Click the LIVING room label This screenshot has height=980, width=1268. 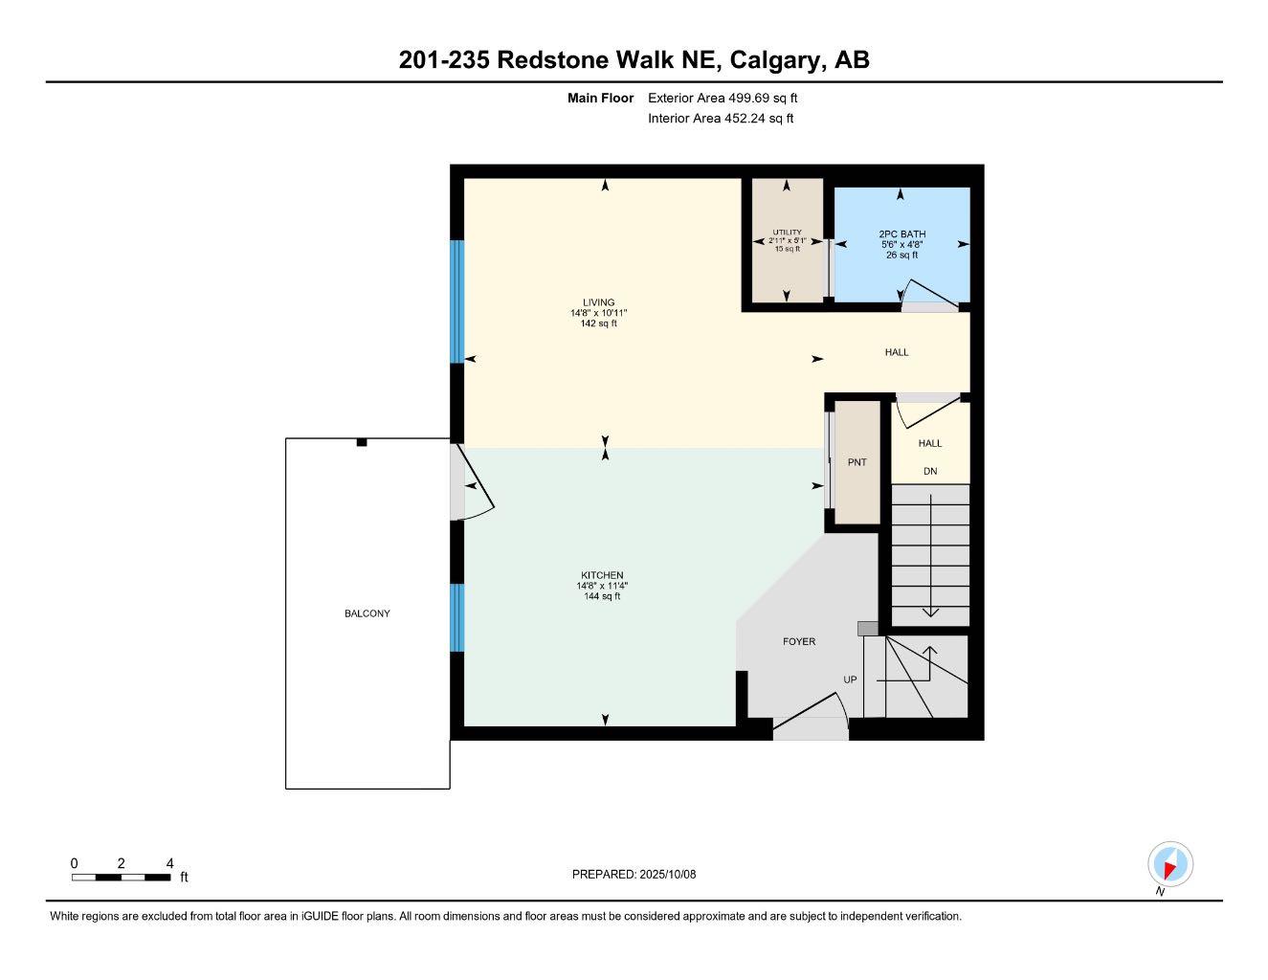(598, 302)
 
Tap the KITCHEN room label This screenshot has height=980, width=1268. (602, 575)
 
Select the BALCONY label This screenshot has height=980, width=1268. (367, 613)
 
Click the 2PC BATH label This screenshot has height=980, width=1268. (901, 234)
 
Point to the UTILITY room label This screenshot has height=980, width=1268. (787, 233)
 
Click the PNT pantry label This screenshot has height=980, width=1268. (856, 462)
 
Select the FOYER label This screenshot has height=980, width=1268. (799, 641)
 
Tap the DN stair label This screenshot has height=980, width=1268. (930, 471)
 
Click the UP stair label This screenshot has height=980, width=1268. (850, 679)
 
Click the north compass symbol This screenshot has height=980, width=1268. (1169, 865)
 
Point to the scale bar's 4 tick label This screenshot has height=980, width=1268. (169, 863)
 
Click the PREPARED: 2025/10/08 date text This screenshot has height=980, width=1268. (634, 874)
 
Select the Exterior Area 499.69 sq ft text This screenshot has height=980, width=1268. (723, 98)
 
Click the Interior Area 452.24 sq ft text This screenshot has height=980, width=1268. (721, 119)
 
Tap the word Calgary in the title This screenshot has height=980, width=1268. (776, 59)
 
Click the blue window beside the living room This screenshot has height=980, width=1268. (456, 301)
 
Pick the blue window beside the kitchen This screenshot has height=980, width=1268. (456, 617)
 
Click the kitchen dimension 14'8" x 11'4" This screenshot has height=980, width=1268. (602, 586)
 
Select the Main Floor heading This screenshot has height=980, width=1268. (600, 98)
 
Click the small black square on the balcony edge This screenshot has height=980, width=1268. (362, 442)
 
